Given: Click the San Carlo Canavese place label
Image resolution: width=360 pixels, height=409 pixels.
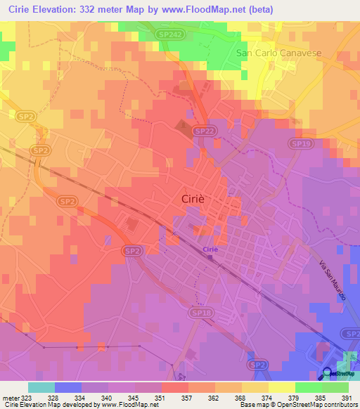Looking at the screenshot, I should tap(278, 53).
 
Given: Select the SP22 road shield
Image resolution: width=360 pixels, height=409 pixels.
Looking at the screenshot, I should tap(203, 131).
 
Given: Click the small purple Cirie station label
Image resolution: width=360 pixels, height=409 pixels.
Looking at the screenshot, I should tap(210, 249).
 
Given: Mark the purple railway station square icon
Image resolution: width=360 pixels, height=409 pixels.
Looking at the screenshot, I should tap(209, 258).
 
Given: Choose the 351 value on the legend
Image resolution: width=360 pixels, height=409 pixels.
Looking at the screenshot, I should tap(169, 397).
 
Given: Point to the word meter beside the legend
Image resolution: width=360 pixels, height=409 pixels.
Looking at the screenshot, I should tap(11, 397).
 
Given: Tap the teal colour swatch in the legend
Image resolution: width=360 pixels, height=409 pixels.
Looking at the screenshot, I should tap(41, 387).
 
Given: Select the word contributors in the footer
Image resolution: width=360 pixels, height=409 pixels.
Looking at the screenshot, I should tap(341, 405).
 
